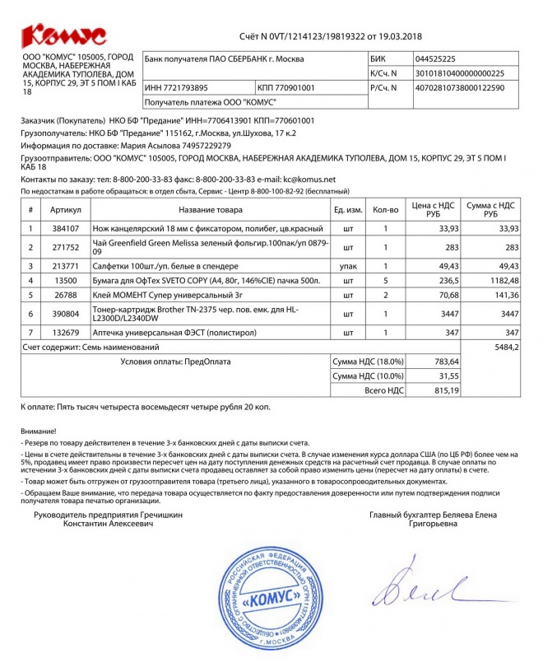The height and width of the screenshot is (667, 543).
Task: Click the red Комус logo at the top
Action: [x=63, y=34]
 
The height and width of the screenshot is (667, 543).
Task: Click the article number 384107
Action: [x=65, y=228]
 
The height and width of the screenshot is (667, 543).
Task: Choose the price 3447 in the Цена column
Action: [x=448, y=314]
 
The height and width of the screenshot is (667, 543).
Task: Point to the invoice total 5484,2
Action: [x=505, y=348]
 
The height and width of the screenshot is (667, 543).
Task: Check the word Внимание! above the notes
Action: [x=39, y=431]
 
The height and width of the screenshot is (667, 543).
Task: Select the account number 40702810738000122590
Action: [x=461, y=87]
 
